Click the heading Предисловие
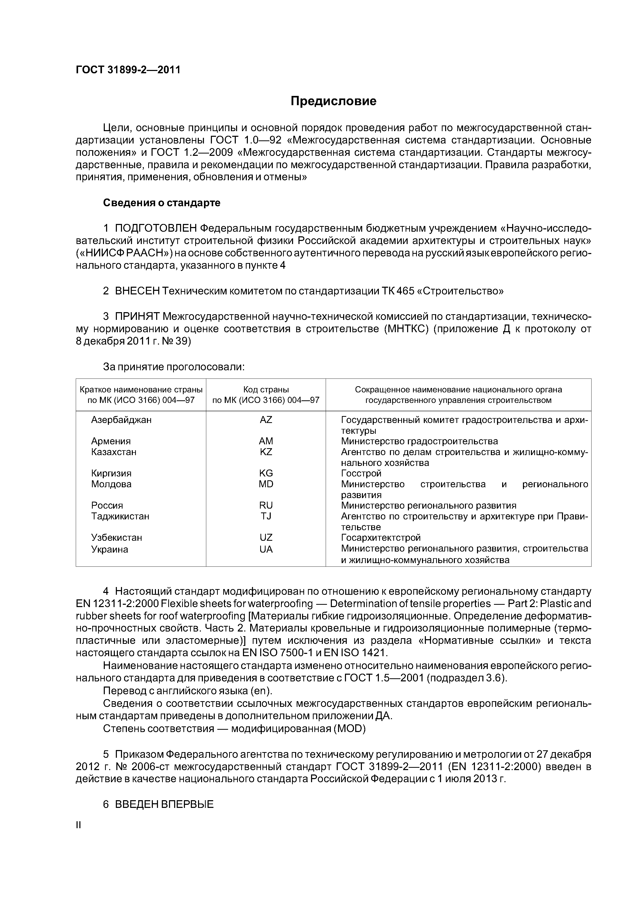coord(333,101)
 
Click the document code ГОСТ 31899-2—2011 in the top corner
coord(128,70)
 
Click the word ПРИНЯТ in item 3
coord(137,316)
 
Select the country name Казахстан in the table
coord(114,452)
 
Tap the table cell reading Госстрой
coord(361,473)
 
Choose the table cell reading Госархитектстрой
coord(381,537)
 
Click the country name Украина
coord(109,549)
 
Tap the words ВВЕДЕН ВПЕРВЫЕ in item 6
coord(164,804)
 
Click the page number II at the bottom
coord(78,825)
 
